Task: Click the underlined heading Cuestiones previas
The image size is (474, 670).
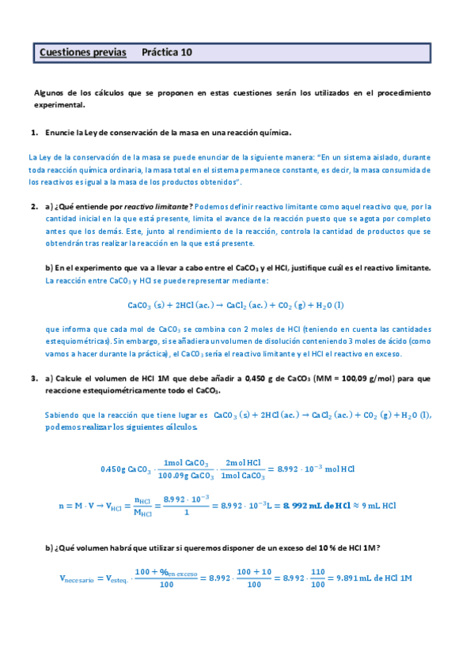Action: click(82, 53)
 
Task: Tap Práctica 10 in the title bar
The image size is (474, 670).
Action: click(166, 53)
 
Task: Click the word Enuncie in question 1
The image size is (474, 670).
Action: click(59, 132)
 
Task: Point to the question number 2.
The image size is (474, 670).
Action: click(34, 206)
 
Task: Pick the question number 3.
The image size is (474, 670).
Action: click(34, 378)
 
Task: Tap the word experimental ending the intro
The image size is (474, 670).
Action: click(59, 104)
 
